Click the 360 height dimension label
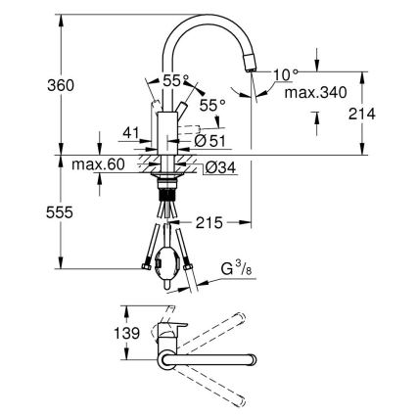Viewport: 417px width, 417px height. click(x=32, y=84)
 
